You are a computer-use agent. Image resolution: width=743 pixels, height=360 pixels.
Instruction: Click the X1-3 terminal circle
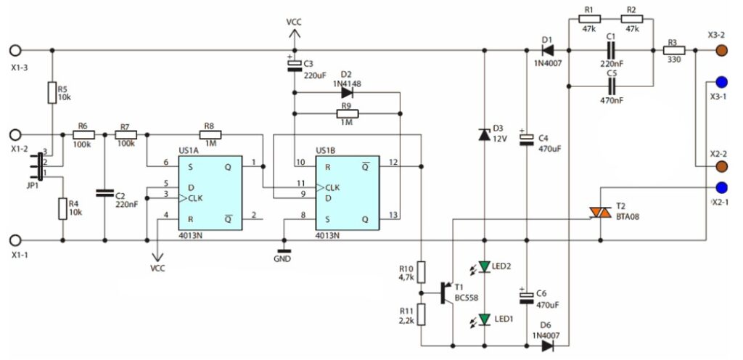(x=15, y=50)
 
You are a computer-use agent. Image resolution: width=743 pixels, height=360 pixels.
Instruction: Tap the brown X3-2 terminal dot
(x=722, y=50)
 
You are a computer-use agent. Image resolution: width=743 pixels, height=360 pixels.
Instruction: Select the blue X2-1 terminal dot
(x=722, y=187)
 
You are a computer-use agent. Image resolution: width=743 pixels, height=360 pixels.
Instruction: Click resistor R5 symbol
(x=52, y=92)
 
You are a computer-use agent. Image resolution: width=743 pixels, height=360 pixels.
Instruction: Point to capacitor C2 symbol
(x=104, y=193)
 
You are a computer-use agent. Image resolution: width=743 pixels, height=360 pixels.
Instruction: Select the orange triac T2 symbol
(x=600, y=213)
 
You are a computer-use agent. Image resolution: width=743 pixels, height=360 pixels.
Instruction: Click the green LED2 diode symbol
(x=484, y=267)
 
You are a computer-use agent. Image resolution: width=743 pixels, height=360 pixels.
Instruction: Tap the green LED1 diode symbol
(x=484, y=320)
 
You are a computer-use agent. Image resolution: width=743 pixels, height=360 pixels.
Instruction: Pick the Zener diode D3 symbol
(x=484, y=134)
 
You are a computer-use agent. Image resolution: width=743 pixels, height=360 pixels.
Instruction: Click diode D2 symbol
(x=348, y=92)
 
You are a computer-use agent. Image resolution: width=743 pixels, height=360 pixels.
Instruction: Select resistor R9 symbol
(x=348, y=114)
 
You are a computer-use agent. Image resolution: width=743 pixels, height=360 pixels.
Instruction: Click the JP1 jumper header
(x=40, y=166)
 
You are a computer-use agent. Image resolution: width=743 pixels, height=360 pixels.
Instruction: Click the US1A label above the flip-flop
(x=188, y=151)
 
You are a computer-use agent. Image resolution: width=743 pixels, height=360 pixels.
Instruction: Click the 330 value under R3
(x=673, y=60)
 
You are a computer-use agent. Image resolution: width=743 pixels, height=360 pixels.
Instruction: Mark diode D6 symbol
(x=547, y=346)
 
